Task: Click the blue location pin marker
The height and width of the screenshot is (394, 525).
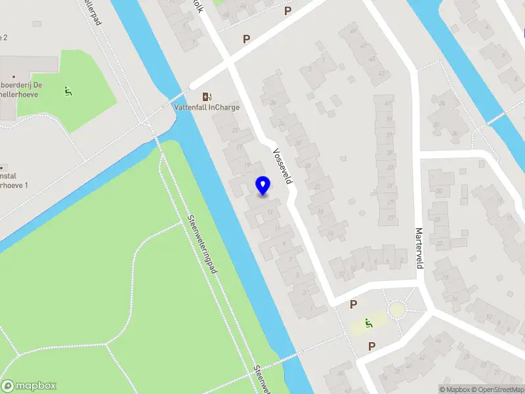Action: coord(262,186)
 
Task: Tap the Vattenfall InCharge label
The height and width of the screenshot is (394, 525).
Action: coord(207,107)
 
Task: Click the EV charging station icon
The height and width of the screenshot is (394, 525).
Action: coord(207,96)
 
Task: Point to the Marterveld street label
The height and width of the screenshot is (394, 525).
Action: coord(419,248)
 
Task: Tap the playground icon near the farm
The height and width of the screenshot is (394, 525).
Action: coord(68,91)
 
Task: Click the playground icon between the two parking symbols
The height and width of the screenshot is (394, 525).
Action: coord(369,323)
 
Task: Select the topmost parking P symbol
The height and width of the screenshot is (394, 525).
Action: coord(287,11)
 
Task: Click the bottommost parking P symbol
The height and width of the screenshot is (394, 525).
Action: coord(371,346)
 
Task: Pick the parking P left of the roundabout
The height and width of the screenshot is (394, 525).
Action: coord(353,305)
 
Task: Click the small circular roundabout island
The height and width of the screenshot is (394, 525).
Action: coord(397,309)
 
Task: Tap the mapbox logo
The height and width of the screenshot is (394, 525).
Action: coord(29,386)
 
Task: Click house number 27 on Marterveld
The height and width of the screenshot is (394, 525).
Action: coord(391,218)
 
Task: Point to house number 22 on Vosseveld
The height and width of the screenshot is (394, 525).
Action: coord(317,187)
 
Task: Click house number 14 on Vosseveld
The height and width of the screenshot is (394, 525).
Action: coord(329,233)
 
